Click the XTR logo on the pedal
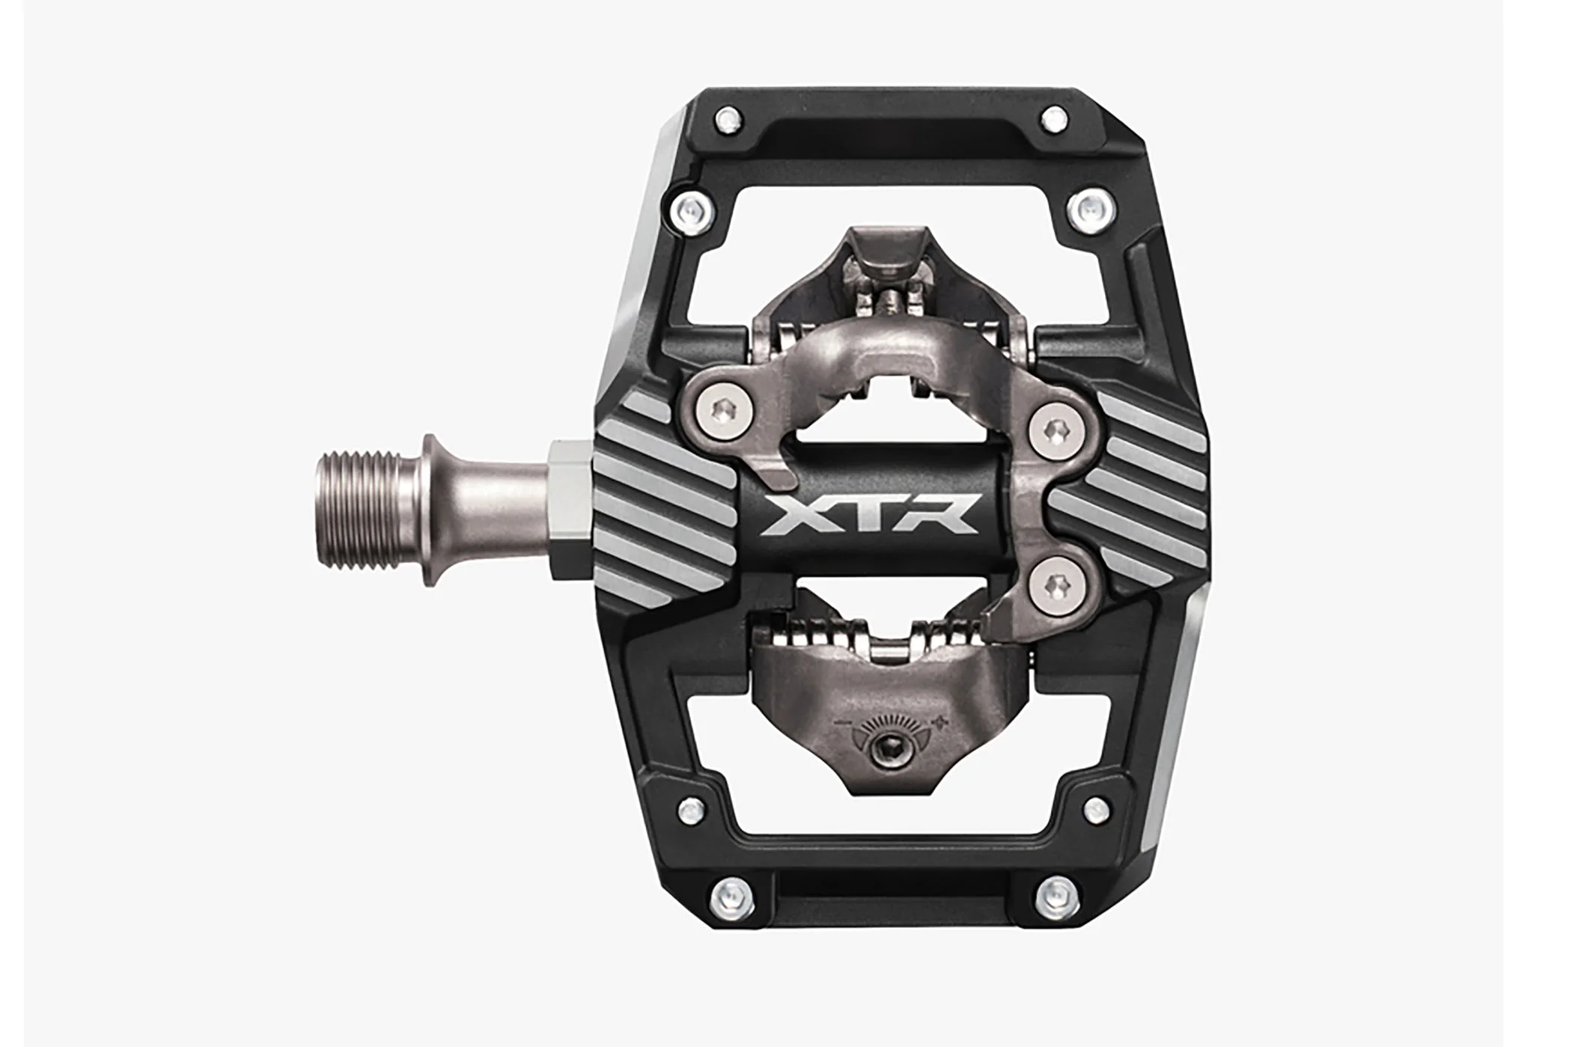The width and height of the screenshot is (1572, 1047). (x=869, y=515)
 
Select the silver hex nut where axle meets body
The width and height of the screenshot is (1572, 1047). (x=572, y=510)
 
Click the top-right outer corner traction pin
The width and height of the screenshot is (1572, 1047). (x=1054, y=117)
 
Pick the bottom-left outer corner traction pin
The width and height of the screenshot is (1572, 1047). (x=728, y=892)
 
